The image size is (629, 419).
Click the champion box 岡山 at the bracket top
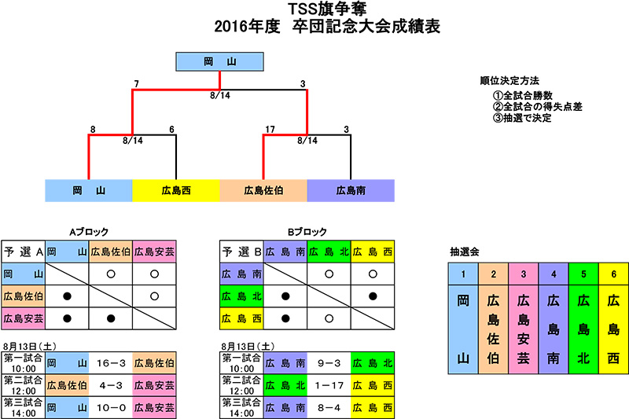click(x=219, y=62)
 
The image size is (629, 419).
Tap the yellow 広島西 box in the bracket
click(x=176, y=190)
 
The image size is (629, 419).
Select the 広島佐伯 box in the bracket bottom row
click(x=263, y=190)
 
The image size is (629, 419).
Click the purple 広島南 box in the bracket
click(x=351, y=190)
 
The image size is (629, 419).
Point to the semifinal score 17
click(x=270, y=129)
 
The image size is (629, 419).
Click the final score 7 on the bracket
click(x=136, y=84)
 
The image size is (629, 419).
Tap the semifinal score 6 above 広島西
click(x=171, y=129)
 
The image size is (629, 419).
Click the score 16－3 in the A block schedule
click(x=111, y=363)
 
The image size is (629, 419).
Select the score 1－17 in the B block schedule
click(x=329, y=386)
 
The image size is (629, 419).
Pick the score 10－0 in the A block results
click(x=111, y=408)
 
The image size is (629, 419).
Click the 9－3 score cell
click(x=329, y=363)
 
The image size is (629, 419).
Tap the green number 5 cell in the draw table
click(x=583, y=274)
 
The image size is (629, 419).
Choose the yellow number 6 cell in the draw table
click(x=614, y=274)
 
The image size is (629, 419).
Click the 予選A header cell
click(x=24, y=252)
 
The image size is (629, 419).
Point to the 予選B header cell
click(x=241, y=252)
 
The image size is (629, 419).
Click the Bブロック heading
click(x=307, y=232)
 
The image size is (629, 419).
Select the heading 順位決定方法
click(x=509, y=81)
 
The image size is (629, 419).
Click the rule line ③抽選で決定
click(x=522, y=118)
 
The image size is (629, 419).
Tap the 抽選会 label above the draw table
click(x=465, y=252)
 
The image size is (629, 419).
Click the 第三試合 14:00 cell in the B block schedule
click(x=241, y=408)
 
